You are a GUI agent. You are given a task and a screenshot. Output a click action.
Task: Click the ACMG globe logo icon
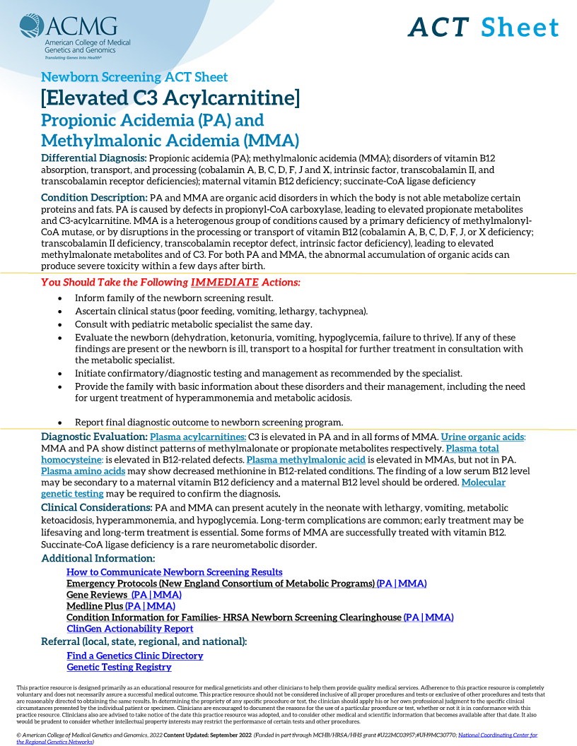(x=32, y=28)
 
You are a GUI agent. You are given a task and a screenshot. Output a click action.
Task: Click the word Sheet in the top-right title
(x=520, y=28)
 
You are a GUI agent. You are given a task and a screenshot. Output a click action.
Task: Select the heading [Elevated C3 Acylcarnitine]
(x=170, y=97)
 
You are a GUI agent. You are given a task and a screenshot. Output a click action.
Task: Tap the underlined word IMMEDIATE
(x=224, y=282)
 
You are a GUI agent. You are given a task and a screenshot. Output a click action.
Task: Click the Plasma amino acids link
(x=83, y=471)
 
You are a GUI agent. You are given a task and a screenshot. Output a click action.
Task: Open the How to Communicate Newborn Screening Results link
(x=175, y=572)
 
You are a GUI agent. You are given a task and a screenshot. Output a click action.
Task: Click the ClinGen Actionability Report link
(x=130, y=629)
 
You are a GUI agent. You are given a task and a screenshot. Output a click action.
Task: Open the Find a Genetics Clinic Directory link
(x=135, y=656)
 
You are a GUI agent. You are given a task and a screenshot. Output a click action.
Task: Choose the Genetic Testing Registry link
(x=119, y=667)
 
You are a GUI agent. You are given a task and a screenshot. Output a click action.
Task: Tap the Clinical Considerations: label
(x=96, y=508)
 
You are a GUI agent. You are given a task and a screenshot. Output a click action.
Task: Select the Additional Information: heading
(x=98, y=559)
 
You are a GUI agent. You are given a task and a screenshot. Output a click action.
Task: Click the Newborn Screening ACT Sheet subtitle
(x=134, y=77)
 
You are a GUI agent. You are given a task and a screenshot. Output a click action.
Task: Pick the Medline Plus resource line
(x=121, y=606)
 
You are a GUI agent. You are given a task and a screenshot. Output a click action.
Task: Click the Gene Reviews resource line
(x=124, y=595)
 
